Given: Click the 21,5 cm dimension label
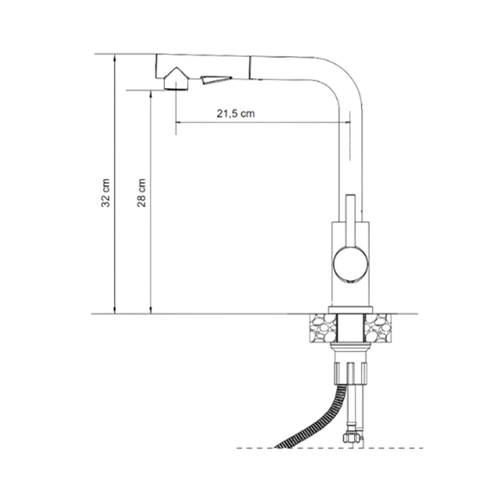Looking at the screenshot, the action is coord(236,114).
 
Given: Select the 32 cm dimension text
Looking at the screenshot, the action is coord(106,193).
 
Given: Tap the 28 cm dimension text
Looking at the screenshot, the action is coord(141,193).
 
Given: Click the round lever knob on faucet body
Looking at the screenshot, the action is coord(350,265).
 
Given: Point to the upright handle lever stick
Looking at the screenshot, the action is coord(350,220).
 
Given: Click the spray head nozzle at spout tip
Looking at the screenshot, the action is coord(176,79).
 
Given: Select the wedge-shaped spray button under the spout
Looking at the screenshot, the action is coord(216,79).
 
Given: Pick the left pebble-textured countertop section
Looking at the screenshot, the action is coord(323,328).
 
